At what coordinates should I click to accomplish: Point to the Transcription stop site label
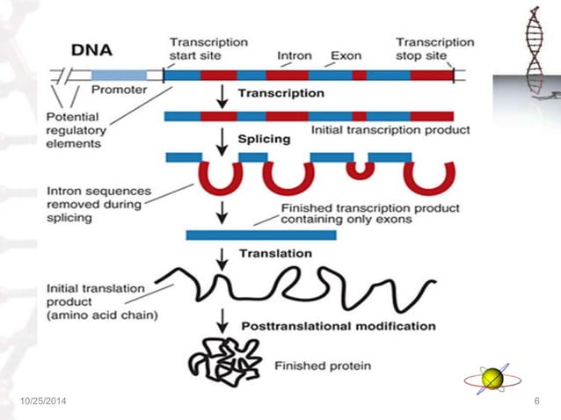point(434,48)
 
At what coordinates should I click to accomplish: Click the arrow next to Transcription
point(223,96)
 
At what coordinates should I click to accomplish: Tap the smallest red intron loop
point(359,170)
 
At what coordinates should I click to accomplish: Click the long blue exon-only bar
point(261,235)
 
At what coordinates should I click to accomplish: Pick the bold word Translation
point(274,254)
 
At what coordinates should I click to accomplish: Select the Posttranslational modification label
point(338,325)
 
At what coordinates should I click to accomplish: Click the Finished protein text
point(323,366)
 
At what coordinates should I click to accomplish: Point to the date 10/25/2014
point(41,402)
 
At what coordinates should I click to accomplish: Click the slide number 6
point(536,402)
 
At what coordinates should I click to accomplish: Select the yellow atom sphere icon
point(492,379)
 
